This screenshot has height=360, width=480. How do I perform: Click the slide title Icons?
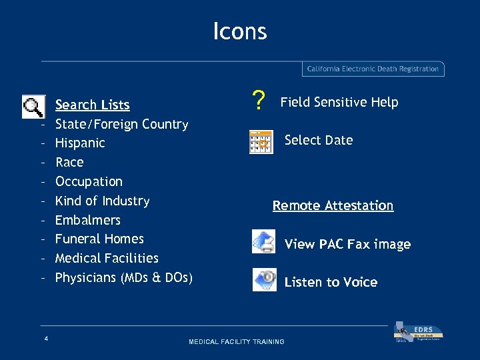[x=240, y=31]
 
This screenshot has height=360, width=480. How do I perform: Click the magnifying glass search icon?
[x=33, y=107]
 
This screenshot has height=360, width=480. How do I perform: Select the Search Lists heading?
[x=92, y=105]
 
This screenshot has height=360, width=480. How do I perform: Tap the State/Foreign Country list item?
[x=121, y=124]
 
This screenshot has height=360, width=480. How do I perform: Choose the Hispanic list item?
[x=80, y=143]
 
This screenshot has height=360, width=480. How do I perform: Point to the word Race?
[x=69, y=162]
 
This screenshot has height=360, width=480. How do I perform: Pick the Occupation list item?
[x=89, y=181]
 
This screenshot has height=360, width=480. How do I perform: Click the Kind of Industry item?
[x=102, y=201]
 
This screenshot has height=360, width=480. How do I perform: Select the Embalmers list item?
[x=87, y=220]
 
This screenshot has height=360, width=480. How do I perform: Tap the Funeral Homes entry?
[x=99, y=239]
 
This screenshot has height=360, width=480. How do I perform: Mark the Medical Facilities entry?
[x=107, y=258]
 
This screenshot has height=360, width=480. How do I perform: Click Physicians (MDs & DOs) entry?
[x=123, y=277]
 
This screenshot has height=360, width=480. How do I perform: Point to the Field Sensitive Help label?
[x=339, y=102]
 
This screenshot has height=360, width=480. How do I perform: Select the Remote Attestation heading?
[x=333, y=205]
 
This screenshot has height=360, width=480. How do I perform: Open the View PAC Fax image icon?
[x=264, y=241]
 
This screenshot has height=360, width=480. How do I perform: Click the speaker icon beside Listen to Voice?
[x=265, y=279]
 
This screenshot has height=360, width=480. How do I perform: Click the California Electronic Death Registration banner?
[x=373, y=69]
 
